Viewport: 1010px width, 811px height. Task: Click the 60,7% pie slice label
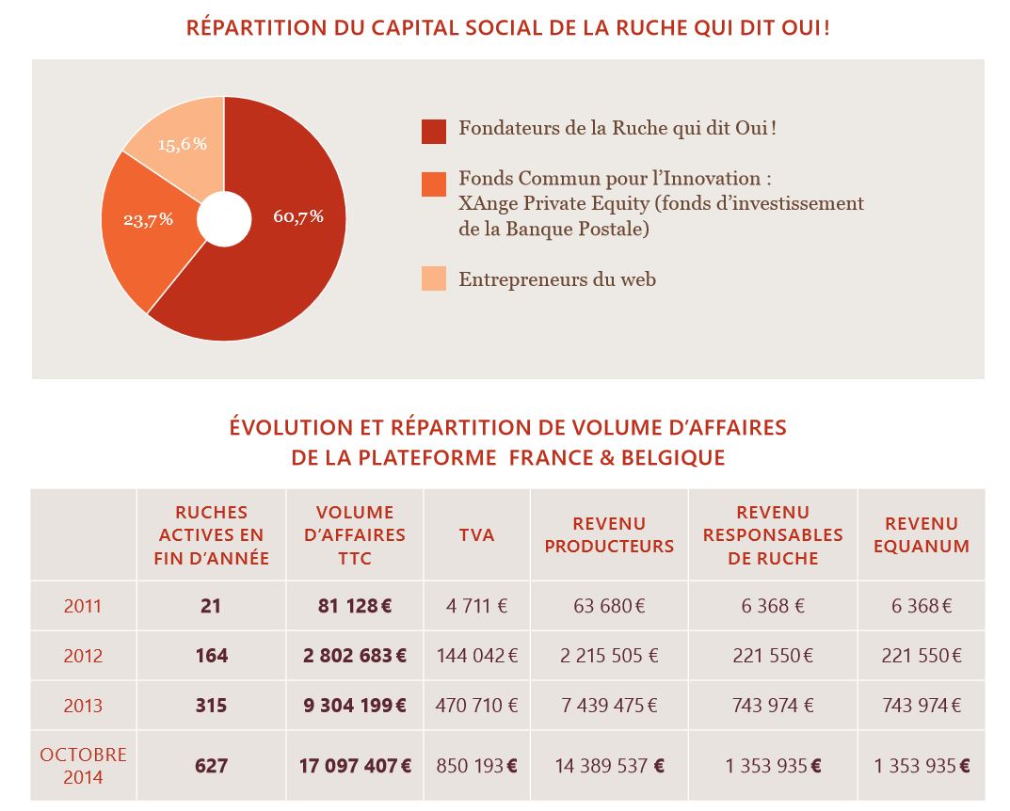click(x=298, y=216)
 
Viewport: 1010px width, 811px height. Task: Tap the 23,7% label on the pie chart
click(x=149, y=219)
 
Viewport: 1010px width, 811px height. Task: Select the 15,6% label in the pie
click(x=183, y=144)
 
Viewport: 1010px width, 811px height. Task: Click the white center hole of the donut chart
click(x=224, y=219)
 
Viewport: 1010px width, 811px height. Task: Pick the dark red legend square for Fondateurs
click(x=434, y=132)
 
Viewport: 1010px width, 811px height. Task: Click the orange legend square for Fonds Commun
click(x=434, y=183)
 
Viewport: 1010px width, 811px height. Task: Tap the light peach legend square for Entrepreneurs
click(x=434, y=278)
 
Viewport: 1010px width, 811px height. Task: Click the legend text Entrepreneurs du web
click(x=557, y=279)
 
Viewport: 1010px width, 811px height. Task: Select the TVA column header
click(x=476, y=534)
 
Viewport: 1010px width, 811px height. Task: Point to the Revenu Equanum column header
click(x=922, y=534)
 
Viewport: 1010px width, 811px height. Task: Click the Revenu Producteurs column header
click(x=609, y=534)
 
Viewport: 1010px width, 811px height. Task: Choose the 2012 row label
click(x=83, y=656)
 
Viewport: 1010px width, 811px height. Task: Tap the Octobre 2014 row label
click(x=83, y=766)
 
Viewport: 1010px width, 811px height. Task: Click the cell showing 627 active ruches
click(x=211, y=766)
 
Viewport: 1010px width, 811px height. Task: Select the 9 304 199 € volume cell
click(x=355, y=706)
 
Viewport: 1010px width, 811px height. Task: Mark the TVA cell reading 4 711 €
click(x=476, y=606)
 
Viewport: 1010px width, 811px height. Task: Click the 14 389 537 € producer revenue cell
click(x=609, y=766)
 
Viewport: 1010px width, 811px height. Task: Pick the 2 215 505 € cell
click(x=609, y=656)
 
